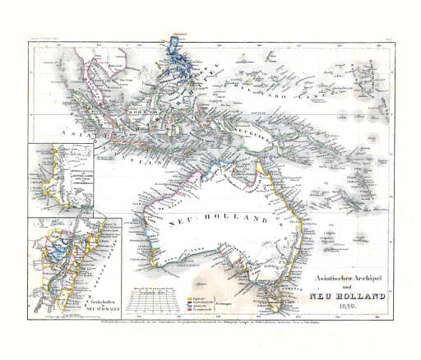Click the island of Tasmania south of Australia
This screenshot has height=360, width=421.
275,302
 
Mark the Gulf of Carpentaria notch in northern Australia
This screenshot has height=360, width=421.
239,177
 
